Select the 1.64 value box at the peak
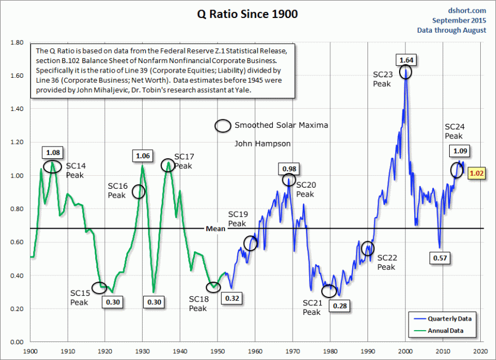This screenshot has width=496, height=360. tap(406, 60)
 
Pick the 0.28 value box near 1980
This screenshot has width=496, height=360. tap(339, 306)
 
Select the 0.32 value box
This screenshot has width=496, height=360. tap(232, 297)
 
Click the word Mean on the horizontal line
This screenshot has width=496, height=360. tap(216, 229)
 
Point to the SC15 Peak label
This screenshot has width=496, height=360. tap(79, 297)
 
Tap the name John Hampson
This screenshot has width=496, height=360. tap(263, 144)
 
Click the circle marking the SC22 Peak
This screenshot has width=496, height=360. tap(367, 248)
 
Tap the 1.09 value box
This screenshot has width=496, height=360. tap(460, 151)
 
